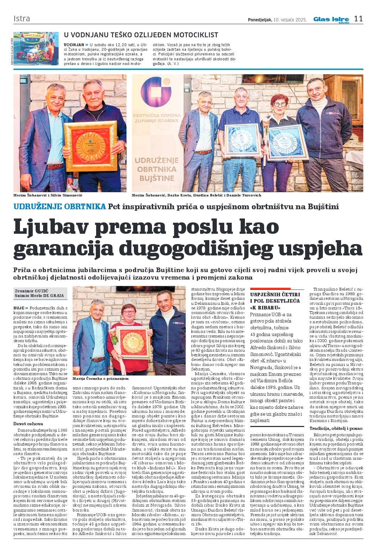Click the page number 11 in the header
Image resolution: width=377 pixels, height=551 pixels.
(358, 19)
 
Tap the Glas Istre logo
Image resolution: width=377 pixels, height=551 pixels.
(331, 20)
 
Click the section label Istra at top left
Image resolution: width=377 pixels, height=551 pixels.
(22, 18)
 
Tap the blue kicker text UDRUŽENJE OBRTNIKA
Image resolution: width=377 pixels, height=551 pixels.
(60, 207)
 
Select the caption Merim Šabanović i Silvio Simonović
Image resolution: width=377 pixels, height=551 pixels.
(48, 195)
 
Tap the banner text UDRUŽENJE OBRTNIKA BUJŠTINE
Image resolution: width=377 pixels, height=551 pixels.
(156, 169)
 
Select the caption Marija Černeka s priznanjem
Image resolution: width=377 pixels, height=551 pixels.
(100, 379)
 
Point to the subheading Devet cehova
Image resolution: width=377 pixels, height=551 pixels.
(28, 423)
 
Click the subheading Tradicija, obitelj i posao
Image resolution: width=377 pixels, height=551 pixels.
(336, 428)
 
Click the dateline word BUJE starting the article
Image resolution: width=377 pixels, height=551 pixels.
(19, 308)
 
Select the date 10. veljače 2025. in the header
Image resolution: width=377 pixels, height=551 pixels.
(290, 20)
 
